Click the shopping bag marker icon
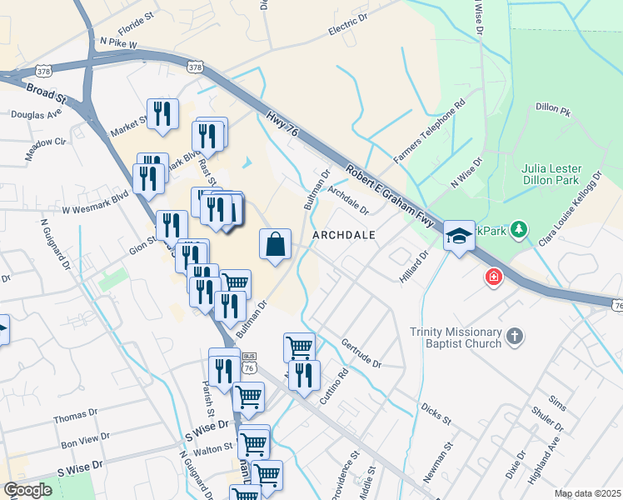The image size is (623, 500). pyautogui.click(x=276, y=245)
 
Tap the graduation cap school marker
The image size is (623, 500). pyautogui.click(x=458, y=236)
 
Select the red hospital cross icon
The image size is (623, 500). pyautogui.click(x=494, y=277)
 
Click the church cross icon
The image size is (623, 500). pyautogui.click(x=516, y=337)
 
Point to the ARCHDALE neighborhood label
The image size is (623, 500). pyautogui.click(x=344, y=236)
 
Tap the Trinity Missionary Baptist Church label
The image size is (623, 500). pyautogui.click(x=456, y=337)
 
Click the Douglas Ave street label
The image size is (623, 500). pyautogui.click(x=37, y=114)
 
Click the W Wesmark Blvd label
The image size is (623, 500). pyautogui.click(x=95, y=199)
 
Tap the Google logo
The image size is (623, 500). pyautogui.click(x=27, y=490)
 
